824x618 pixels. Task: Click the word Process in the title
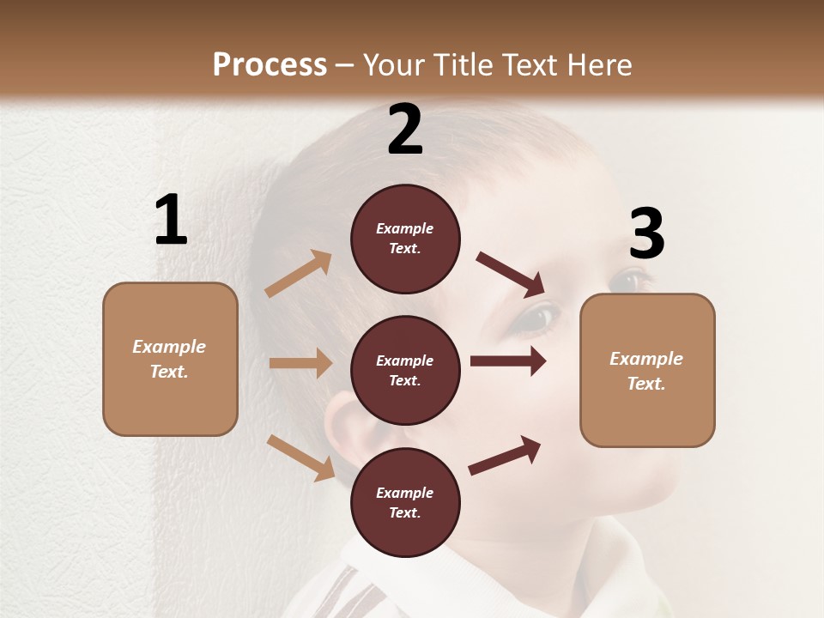click(x=270, y=64)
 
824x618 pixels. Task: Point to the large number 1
click(x=171, y=221)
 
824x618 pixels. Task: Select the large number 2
click(x=405, y=130)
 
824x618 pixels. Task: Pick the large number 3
click(x=646, y=234)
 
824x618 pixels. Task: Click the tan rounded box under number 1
click(x=170, y=359)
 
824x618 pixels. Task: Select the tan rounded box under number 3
click(x=647, y=371)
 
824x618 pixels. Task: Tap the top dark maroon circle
click(x=405, y=239)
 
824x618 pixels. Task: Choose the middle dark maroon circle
click(x=405, y=371)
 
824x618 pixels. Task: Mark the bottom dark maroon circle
click(x=405, y=503)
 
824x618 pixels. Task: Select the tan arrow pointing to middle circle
click(x=300, y=363)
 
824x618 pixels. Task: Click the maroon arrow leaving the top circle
click(x=511, y=274)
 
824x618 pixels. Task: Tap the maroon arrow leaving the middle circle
click(x=508, y=361)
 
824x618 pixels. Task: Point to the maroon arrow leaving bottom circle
click(x=505, y=455)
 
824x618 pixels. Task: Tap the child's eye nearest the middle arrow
click(x=536, y=318)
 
